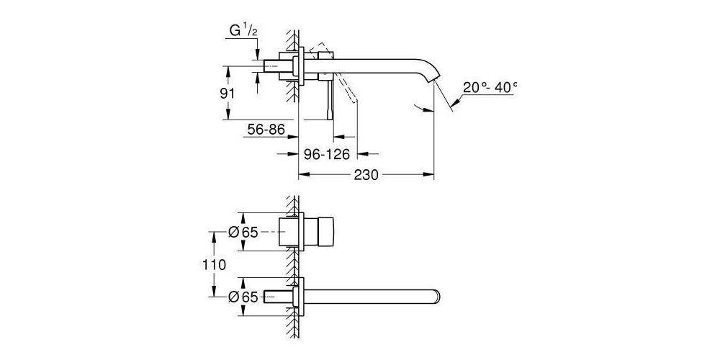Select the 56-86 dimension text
click(x=266, y=130)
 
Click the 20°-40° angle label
click(x=490, y=87)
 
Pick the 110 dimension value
click(x=215, y=264)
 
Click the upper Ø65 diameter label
click(x=243, y=232)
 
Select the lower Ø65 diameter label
click(x=243, y=297)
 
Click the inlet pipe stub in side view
click(x=277, y=66)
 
